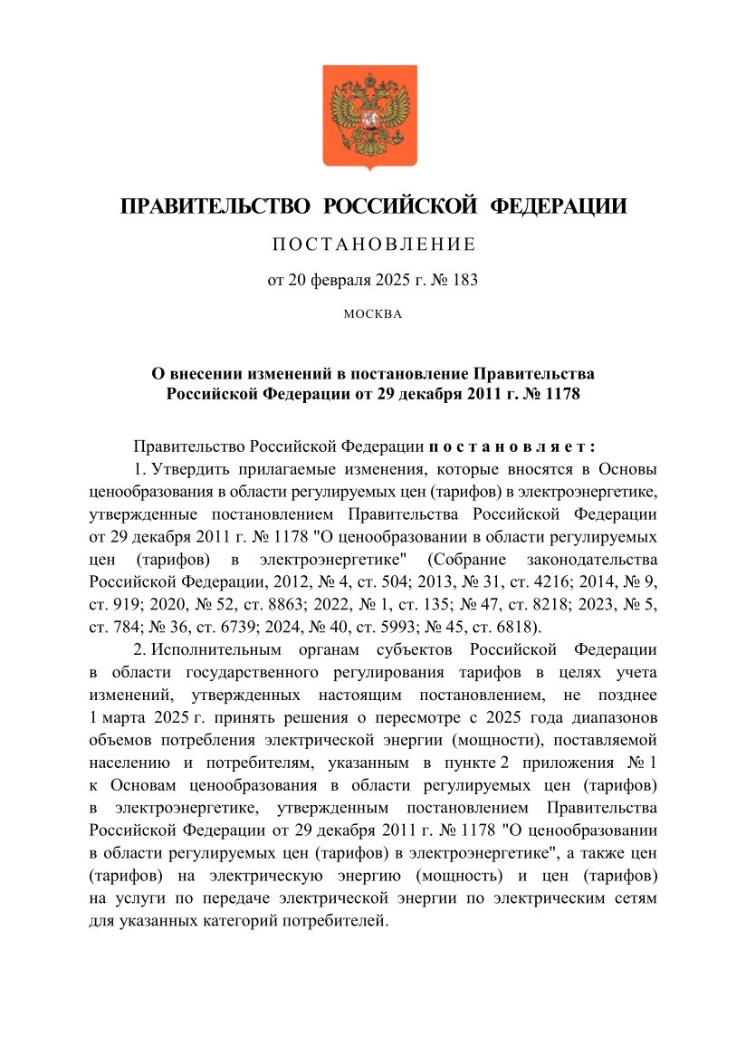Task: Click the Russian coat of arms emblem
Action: tap(370, 116)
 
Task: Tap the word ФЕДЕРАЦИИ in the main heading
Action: tap(559, 206)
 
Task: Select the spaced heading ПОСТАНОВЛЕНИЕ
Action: tap(373, 245)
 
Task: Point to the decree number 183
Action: tap(463, 280)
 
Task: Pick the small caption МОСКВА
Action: tap(372, 315)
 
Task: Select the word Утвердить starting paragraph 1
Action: tap(190, 470)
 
